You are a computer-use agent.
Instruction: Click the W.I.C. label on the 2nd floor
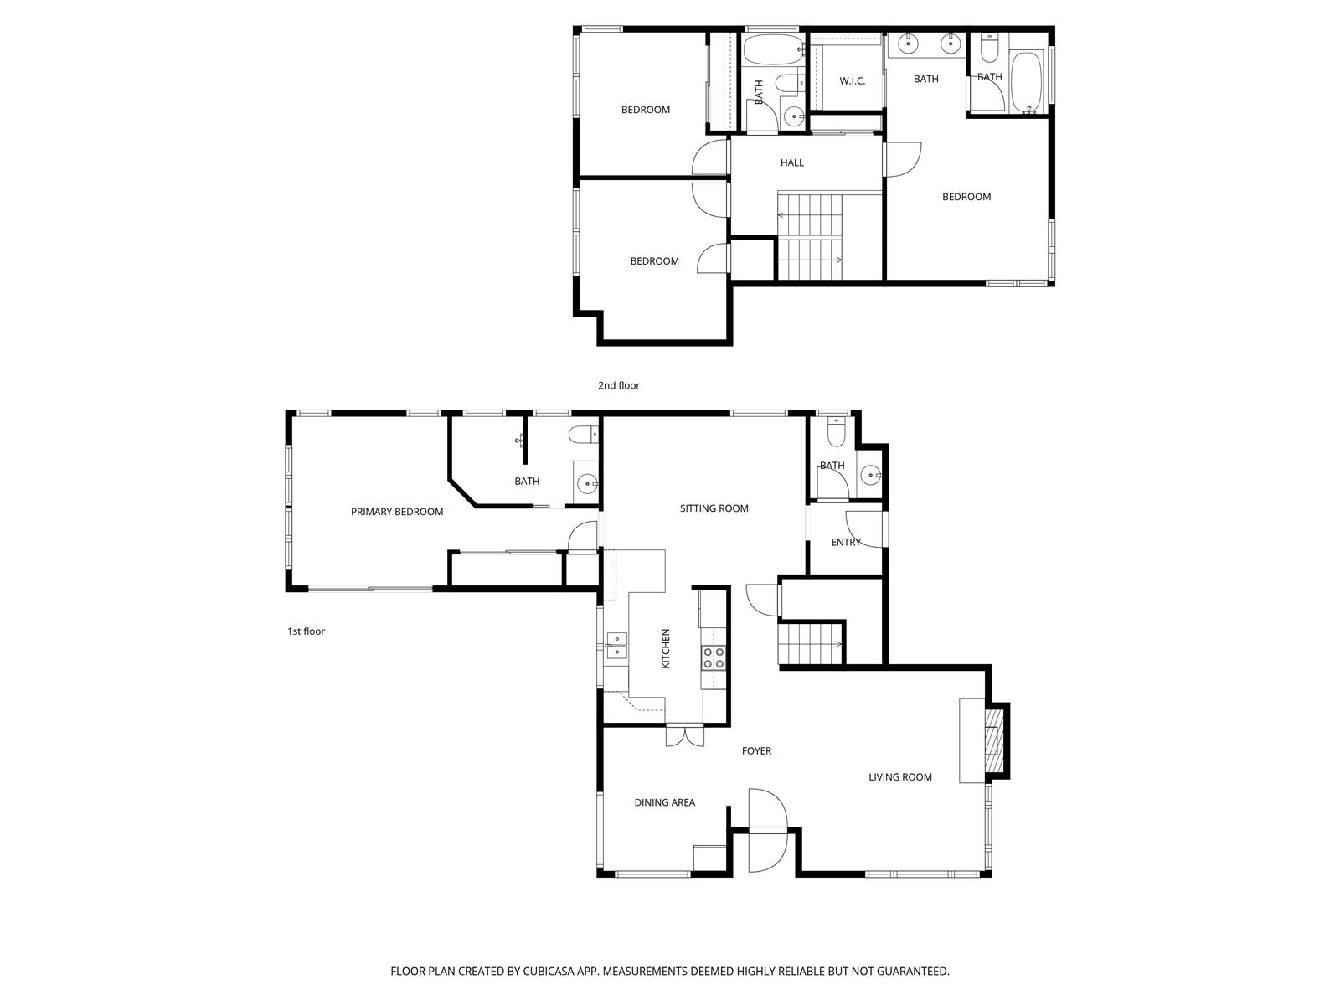(x=852, y=81)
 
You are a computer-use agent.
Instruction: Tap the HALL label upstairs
(x=791, y=163)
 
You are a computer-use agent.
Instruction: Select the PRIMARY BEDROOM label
(x=397, y=512)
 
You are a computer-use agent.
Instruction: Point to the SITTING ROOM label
(x=714, y=508)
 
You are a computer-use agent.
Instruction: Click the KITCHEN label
(x=666, y=648)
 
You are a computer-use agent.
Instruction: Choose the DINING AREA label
(x=664, y=802)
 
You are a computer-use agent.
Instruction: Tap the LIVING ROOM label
(x=899, y=777)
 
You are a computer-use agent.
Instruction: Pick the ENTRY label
(x=846, y=543)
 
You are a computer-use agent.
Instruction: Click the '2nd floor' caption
(x=618, y=385)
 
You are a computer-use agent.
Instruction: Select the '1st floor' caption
(x=306, y=631)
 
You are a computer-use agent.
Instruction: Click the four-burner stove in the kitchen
(x=713, y=657)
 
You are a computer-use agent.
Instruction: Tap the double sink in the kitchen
(x=616, y=647)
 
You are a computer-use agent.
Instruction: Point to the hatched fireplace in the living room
(x=994, y=741)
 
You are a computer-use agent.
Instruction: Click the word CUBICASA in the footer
(x=549, y=971)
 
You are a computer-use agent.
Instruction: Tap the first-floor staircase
(x=810, y=644)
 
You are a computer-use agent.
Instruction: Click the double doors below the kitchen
(x=684, y=736)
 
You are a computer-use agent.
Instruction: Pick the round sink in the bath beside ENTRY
(x=868, y=474)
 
